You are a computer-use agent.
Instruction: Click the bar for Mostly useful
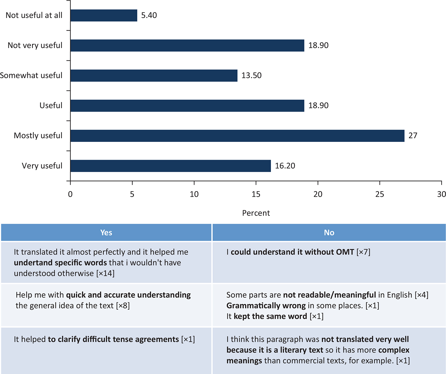pyautogui.click(x=237, y=136)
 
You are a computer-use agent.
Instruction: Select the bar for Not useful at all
pyautogui.click(x=104, y=15)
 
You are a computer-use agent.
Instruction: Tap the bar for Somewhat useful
pyautogui.click(x=154, y=75)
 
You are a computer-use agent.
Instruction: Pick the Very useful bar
pyautogui.click(x=171, y=166)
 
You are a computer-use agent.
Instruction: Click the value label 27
pyautogui.click(x=413, y=136)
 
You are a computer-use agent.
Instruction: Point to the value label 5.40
pyautogui.click(x=149, y=15)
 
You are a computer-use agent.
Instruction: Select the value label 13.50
pyautogui.click(x=251, y=75)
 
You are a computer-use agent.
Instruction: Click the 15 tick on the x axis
pyautogui.click(x=256, y=194)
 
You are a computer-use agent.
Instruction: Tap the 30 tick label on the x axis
pyautogui.click(x=441, y=194)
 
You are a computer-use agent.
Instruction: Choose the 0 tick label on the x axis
pyautogui.click(x=70, y=194)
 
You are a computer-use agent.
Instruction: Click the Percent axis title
pyautogui.click(x=256, y=213)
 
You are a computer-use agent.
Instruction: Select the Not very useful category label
pyautogui.click(x=35, y=45)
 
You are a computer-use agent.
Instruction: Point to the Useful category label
pyautogui.click(x=51, y=106)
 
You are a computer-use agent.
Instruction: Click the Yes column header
pyautogui.click(x=106, y=232)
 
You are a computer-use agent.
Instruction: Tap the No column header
pyautogui.click(x=329, y=232)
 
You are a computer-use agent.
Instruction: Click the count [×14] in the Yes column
pyautogui.click(x=105, y=273)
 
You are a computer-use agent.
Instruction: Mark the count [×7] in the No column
pyautogui.click(x=363, y=252)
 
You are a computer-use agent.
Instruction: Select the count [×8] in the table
pyautogui.click(x=123, y=306)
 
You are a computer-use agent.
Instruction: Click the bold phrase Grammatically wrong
pyautogui.click(x=266, y=306)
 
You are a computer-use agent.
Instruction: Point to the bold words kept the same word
pyautogui.click(x=270, y=316)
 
